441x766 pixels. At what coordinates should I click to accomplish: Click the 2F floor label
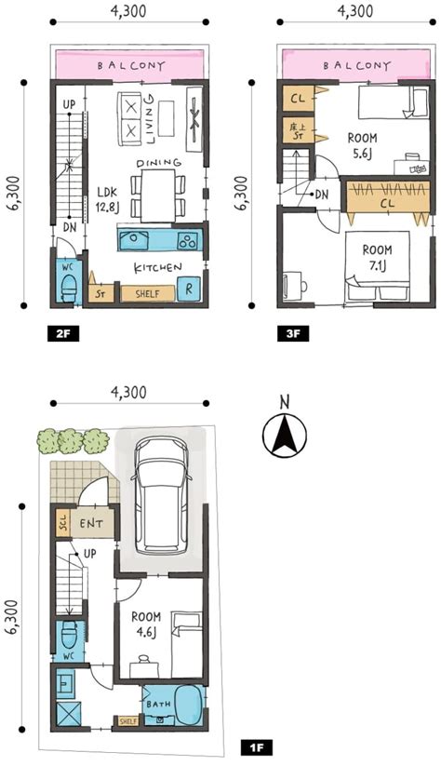point(63,334)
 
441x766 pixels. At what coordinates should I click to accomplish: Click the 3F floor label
point(293,334)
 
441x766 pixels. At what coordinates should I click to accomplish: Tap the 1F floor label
point(257,747)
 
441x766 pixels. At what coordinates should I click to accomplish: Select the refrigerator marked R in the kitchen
point(189,289)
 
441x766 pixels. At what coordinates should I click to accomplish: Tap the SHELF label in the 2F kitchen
point(148,293)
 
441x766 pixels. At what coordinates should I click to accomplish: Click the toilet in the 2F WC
point(69,288)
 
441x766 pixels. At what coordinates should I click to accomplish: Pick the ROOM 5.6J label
point(362,145)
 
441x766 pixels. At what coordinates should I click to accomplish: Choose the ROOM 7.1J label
point(377,258)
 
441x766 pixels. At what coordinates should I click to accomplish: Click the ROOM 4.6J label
point(146,625)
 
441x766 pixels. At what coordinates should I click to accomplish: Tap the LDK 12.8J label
point(107,200)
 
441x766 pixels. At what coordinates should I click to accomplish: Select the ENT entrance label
point(91,524)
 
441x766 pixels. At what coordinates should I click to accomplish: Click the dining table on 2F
point(158,195)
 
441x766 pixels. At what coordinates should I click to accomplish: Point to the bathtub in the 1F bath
point(189,706)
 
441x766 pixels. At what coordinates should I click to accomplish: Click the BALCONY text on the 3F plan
point(357,65)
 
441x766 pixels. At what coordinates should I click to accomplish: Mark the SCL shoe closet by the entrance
point(63,523)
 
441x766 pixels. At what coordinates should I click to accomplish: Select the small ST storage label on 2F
point(100,294)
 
